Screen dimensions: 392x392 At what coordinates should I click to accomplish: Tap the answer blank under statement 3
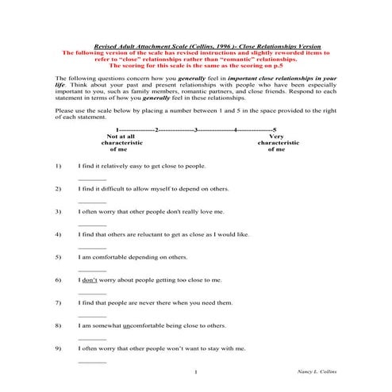(x=92, y=225)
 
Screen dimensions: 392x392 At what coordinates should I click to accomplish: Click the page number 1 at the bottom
(x=195, y=371)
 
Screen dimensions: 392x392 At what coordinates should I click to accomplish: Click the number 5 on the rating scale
(x=274, y=129)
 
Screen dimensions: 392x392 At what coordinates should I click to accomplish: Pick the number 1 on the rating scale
(x=117, y=129)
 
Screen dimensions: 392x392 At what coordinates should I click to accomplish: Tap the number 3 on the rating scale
(x=196, y=129)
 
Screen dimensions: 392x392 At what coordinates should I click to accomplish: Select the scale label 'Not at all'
(x=120, y=136)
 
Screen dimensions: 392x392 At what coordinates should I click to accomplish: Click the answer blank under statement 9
(x=92, y=362)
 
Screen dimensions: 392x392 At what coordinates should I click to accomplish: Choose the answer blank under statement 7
(x=92, y=316)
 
